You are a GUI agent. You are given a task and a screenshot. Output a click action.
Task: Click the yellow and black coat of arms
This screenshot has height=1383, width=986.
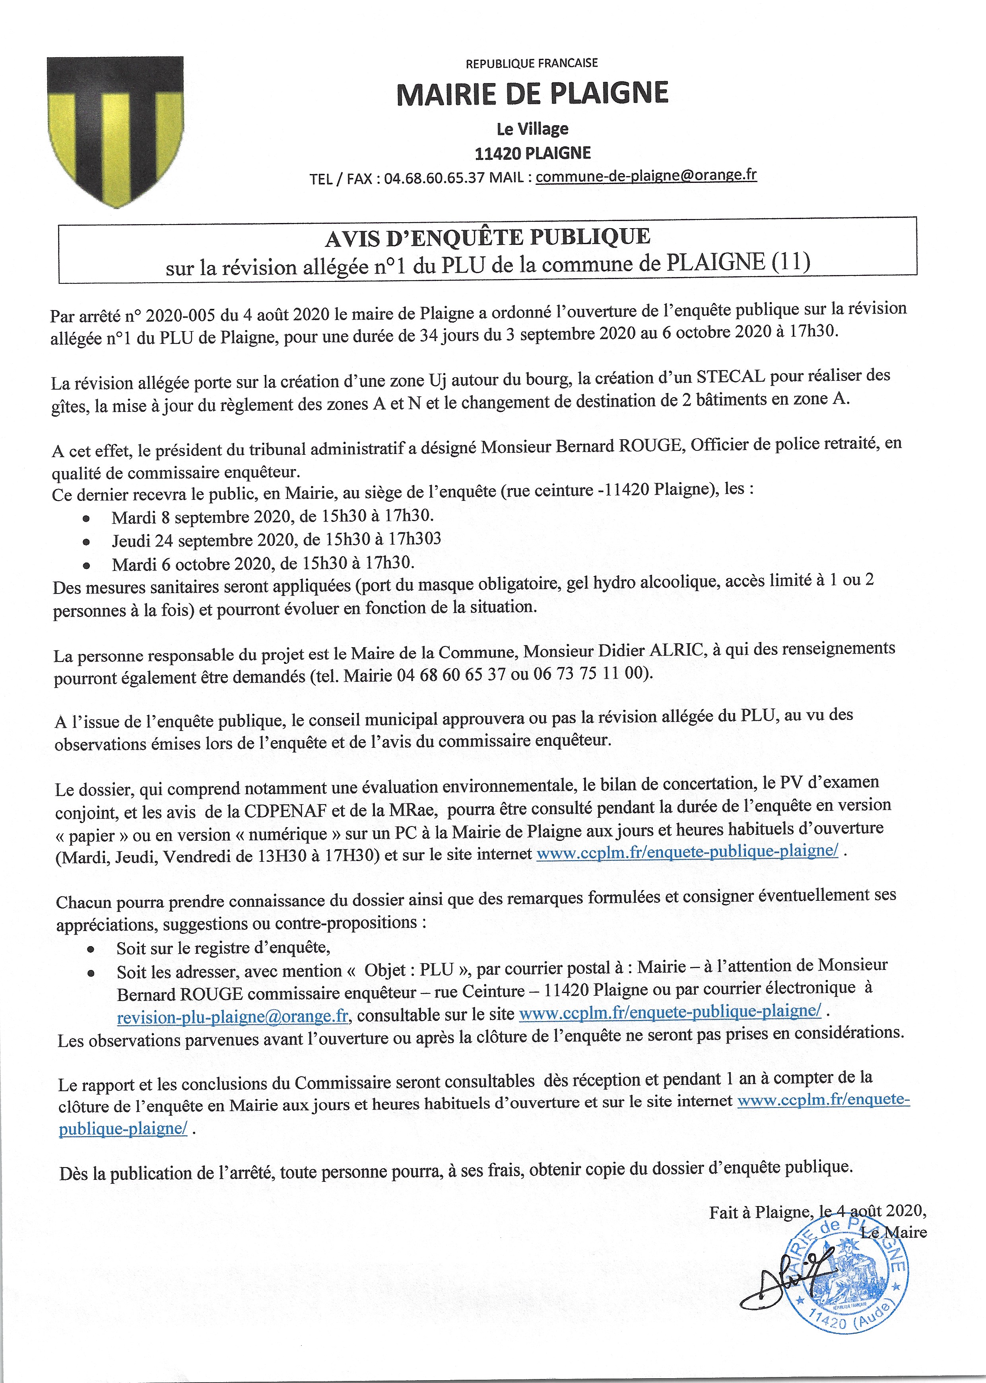tap(115, 130)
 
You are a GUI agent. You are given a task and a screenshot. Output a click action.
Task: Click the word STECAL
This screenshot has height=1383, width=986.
tap(730, 376)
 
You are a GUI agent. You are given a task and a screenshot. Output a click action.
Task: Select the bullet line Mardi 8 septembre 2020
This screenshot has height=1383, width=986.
tap(273, 517)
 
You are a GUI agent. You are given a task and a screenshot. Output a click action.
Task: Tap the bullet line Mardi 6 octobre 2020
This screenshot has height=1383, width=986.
tap(263, 563)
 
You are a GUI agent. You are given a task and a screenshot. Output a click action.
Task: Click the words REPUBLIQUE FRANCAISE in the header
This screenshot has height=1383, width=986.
tap(531, 63)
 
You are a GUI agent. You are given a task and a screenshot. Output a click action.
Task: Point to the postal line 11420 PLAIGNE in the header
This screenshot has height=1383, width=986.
tap(532, 153)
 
